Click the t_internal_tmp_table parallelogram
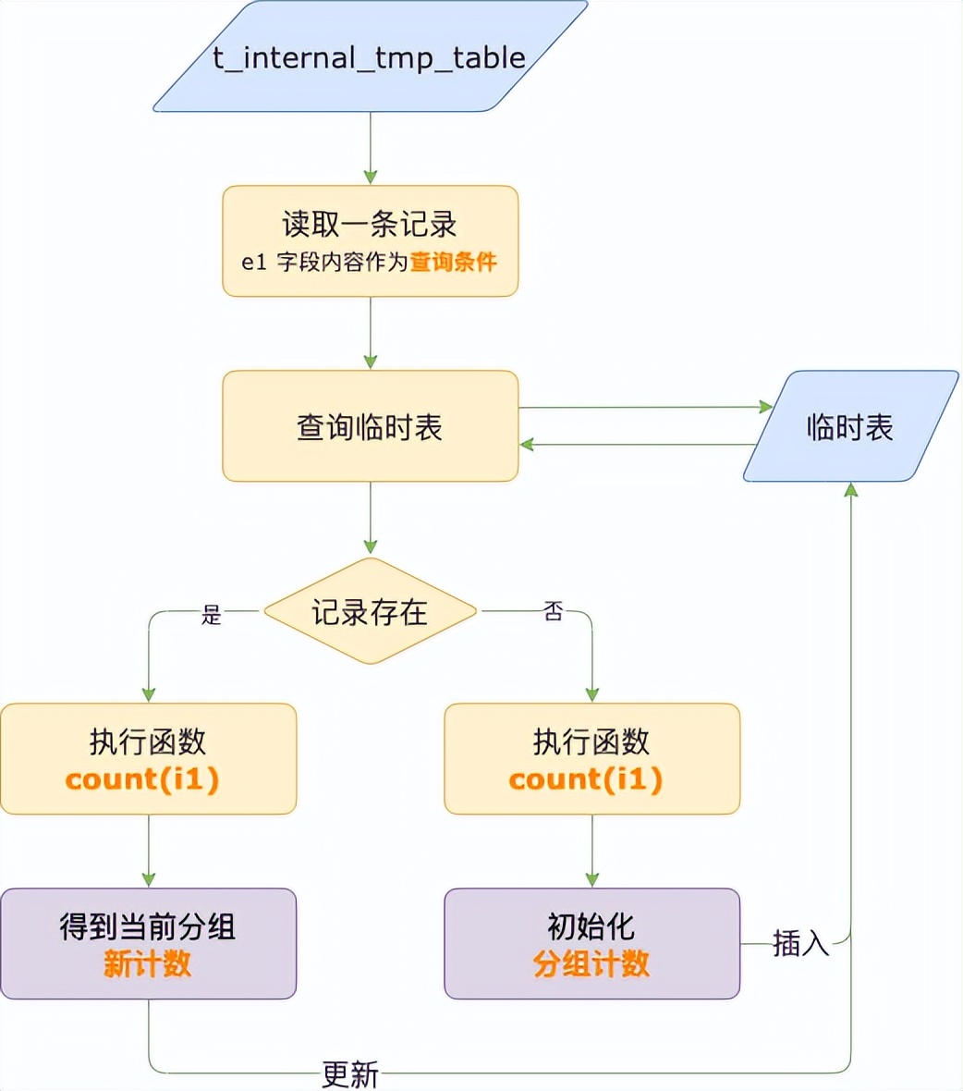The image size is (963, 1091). tap(370, 57)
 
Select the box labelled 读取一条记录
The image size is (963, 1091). tap(370, 240)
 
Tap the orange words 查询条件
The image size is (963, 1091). tap(453, 262)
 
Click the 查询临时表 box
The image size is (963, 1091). tap(370, 426)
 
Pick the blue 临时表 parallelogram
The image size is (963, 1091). tap(850, 426)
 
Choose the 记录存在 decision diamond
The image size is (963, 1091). tap(370, 611)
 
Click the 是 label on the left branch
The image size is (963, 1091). tap(212, 615)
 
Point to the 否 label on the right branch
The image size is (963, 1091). tap(553, 611)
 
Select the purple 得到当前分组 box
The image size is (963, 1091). tap(148, 943)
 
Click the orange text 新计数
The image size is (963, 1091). tap(148, 964)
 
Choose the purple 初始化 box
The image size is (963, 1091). tap(591, 943)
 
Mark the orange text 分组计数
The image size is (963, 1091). tap(591, 964)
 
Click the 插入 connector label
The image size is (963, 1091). tap(800, 944)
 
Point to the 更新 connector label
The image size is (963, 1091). tap(350, 1074)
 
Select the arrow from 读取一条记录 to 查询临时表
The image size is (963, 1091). tap(370, 333)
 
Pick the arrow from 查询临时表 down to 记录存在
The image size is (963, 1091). tap(370, 518)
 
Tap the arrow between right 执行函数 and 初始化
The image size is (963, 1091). tap(591, 851)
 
